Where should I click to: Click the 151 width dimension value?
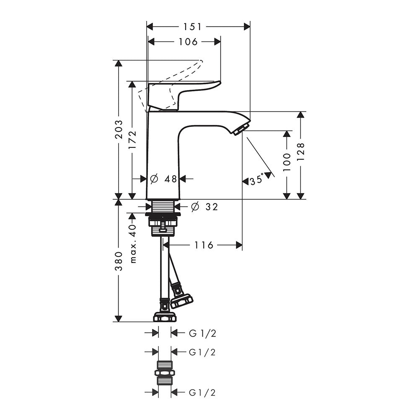[192, 27]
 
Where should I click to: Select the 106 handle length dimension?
[188, 41]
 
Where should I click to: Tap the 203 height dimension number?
[119, 129]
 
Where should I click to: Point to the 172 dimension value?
[132, 140]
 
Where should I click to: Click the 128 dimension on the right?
[301, 152]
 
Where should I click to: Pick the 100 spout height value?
[287, 163]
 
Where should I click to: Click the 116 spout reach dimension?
[204, 245]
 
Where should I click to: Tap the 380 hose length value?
[119, 261]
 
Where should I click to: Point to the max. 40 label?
[133, 243]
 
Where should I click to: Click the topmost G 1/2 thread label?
[202, 333]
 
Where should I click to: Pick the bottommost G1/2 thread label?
[202, 393]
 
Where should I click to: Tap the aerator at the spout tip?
[242, 129]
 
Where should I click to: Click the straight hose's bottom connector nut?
[164, 317]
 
